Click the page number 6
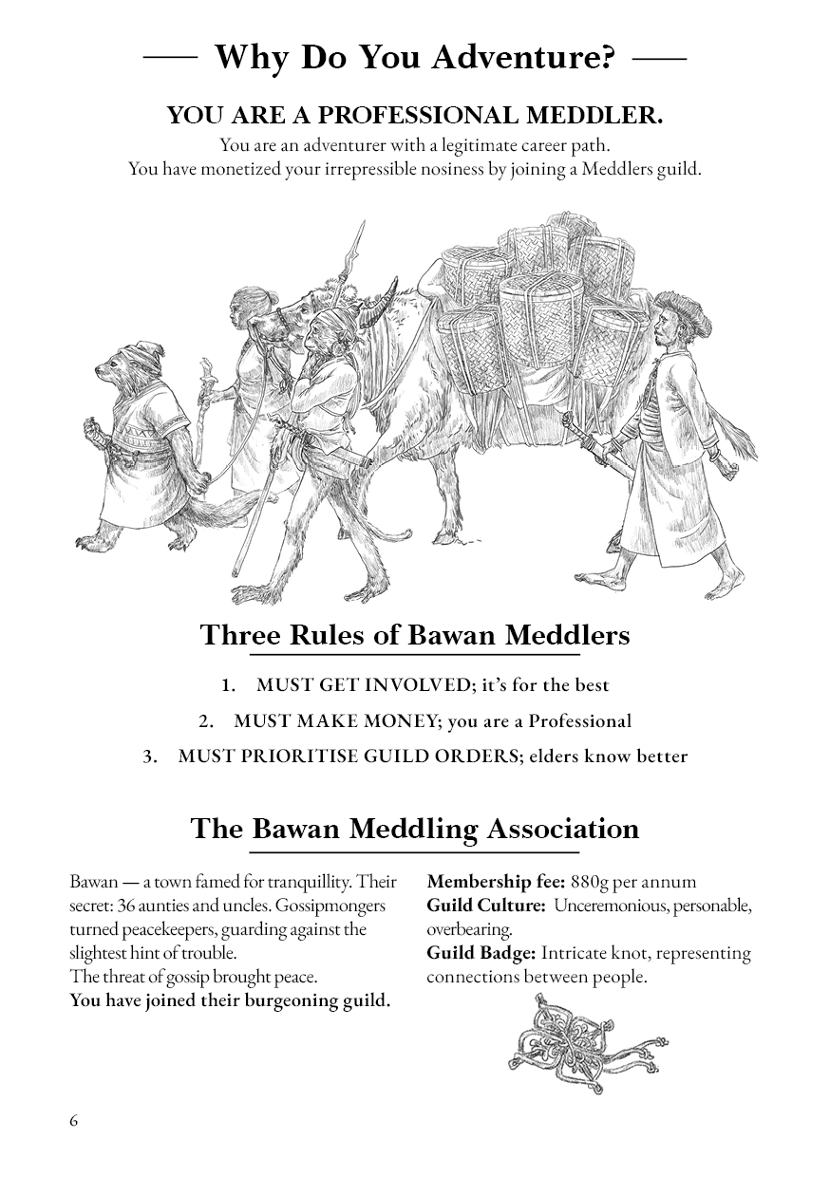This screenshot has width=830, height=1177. pyautogui.click(x=74, y=1120)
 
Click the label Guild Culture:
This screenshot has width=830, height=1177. pyautogui.click(x=485, y=906)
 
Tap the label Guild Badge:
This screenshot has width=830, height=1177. pyautogui.click(x=481, y=953)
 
